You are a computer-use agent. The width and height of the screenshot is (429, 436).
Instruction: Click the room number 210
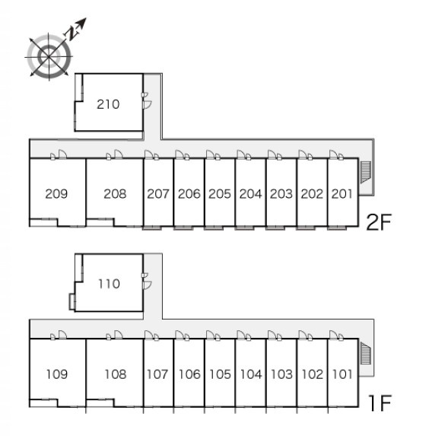[108, 104]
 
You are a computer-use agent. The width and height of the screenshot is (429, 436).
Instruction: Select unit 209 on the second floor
[56, 194]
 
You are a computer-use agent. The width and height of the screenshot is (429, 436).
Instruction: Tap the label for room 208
[115, 194]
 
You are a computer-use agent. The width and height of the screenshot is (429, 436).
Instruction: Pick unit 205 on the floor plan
[220, 194]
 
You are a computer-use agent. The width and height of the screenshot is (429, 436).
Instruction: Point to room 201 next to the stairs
[342, 194]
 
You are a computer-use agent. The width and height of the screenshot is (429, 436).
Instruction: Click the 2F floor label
[379, 222]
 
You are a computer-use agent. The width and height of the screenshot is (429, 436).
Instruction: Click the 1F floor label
[380, 403]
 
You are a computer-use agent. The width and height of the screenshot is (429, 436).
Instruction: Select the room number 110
[109, 284]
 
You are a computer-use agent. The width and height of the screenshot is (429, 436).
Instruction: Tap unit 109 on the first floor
[57, 374]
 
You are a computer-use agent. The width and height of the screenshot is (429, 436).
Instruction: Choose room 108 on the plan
[116, 374]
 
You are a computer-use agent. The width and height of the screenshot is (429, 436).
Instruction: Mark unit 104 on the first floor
[251, 374]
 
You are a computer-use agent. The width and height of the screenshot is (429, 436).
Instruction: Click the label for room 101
[342, 374]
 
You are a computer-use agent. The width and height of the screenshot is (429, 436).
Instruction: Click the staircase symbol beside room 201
[366, 172]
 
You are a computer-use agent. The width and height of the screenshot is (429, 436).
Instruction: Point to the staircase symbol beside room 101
[366, 353]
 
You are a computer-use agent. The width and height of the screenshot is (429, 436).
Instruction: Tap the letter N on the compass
[71, 33]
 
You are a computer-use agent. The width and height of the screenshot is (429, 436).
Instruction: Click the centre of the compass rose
[49, 57]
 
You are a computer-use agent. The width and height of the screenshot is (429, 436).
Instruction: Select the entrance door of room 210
[147, 105]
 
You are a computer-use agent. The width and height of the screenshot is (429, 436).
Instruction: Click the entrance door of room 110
[147, 285]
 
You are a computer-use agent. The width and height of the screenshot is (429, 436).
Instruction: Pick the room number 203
[281, 194]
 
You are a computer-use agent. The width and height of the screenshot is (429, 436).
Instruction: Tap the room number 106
[189, 374]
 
